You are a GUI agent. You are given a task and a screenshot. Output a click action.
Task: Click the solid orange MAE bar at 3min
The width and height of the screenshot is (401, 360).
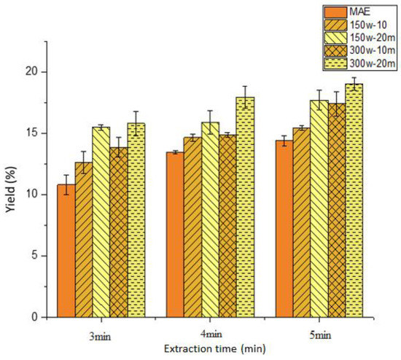[x=66, y=251]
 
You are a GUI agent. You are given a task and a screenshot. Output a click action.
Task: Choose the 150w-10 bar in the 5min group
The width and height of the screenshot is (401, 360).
[x=301, y=222]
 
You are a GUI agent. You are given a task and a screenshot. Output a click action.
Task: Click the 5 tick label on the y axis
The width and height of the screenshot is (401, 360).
[x=37, y=256]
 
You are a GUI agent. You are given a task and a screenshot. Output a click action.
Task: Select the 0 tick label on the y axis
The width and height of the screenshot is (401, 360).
[x=37, y=317]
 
